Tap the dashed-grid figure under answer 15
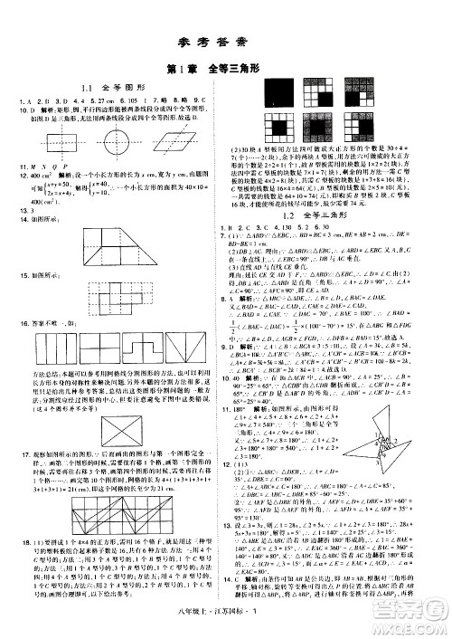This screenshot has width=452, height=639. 110,300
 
